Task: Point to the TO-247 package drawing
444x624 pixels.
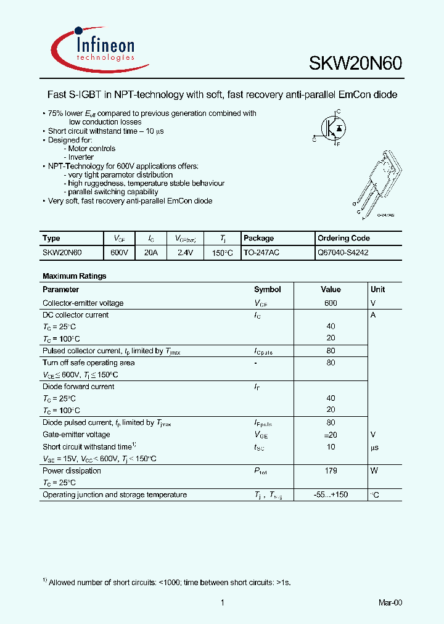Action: (x=379, y=182)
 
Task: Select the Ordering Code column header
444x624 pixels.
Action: (x=343, y=239)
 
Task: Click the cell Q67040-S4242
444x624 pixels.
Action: (x=343, y=253)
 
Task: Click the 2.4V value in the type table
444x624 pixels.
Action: (x=185, y=253)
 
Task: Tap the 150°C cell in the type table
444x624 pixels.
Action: (x=223, y=253)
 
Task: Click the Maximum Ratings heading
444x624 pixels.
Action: (x=74, y=276)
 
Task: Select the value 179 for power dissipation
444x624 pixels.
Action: (x=331, y=471)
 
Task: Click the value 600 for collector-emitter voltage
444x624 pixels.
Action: (x=331, y=303)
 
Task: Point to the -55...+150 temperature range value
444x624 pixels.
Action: (x=331, y=495)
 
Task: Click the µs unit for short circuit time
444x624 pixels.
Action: (x=374, y=447)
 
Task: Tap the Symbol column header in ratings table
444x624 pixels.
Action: (x=267, y=290)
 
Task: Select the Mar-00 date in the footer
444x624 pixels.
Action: (x=390, y=602)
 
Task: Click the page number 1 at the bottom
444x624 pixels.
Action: (x=221, y=602)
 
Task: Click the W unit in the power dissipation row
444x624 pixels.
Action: (x=374, y=471)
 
